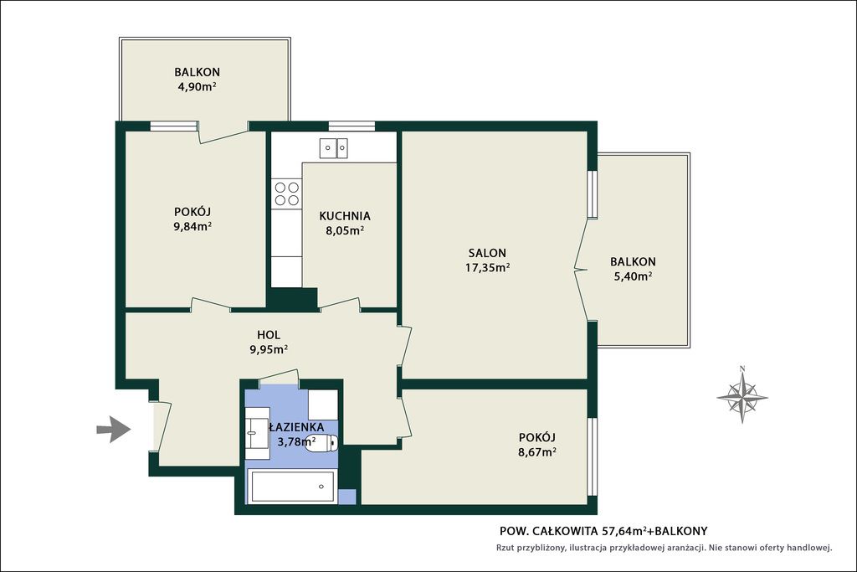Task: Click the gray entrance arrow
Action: tap(114, 430)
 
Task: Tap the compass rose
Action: tap(742, 394)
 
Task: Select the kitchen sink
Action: tap(333, 147)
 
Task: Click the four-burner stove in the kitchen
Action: tap(287, 193)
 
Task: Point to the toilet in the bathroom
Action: tap(322, 442)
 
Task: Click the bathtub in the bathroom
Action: tap(291, 486)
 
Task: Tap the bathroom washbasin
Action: tap(257, 432)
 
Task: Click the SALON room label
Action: tap(487, 253)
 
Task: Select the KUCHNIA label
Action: tap(345, 216)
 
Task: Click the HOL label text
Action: tap(269, 335)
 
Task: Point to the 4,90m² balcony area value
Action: tap(197, 86)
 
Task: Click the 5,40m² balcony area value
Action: tap(633, 276)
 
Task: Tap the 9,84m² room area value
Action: tap(192, 226)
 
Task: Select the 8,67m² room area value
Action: tap(537, 451)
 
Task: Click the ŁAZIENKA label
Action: tap(297, 427)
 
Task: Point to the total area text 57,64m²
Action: tap(624, 530)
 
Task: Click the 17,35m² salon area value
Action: tap(488, 267)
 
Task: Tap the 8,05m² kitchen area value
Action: tap(345, 230)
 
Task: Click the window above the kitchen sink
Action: tap(352, 126)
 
